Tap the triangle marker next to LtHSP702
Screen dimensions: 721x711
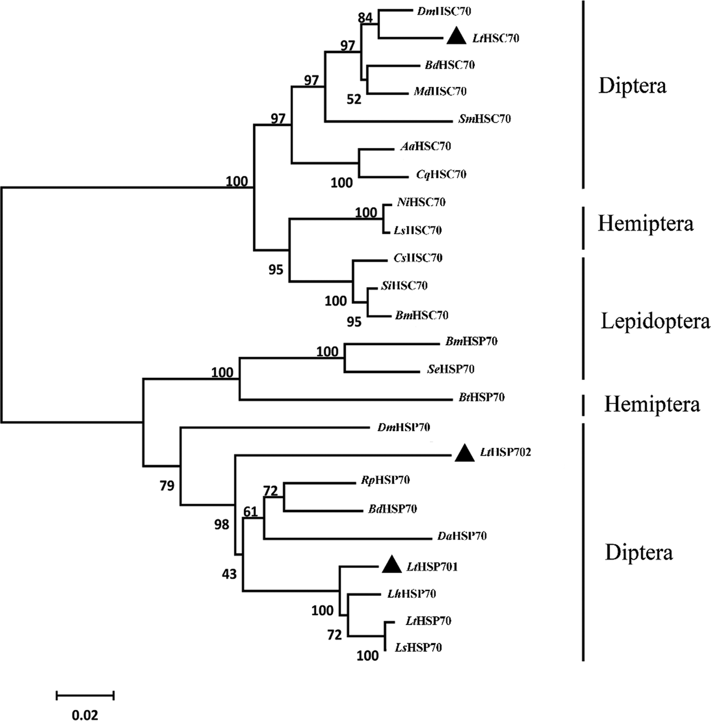pos(464,453)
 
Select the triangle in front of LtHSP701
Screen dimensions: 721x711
pos(392,565)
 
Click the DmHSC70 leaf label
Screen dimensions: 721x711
pos(444,11)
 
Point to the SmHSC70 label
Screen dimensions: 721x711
pos(484,119)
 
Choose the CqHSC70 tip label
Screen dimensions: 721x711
pos(441,174)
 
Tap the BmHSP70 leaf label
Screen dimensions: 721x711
pos(471,341)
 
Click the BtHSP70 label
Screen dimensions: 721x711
pos(481,397)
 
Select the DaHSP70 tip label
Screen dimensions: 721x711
pos(462,536)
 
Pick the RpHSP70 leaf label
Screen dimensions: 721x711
pos(385,480)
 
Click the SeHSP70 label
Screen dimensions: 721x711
pos(450,369)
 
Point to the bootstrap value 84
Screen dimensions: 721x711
pos(365,18)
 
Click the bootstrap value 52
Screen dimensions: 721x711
pos(354,99)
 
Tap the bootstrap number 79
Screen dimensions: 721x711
pos(167,486)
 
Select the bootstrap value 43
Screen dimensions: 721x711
pos(229,574)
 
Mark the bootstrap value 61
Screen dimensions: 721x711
pos(250,512)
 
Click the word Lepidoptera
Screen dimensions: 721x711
pos(655,321)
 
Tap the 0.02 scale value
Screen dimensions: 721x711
pos(85,715)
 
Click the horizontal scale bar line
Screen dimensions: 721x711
pos(85,695)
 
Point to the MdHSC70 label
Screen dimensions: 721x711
pos(440,91)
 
